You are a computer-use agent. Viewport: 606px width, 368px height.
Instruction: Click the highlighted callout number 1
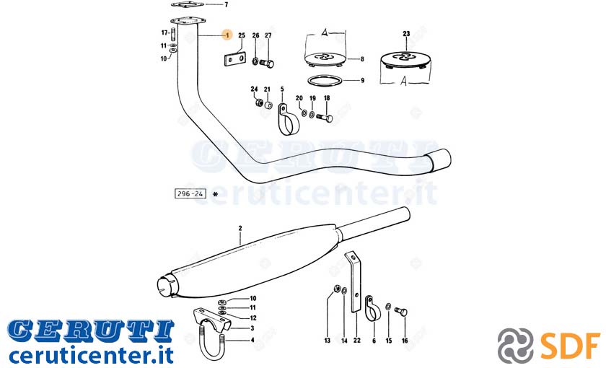pyautogui.click(x=227, y=35)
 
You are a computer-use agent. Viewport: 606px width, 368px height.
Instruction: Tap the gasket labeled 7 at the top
pyautogui.click(x=188, y=4)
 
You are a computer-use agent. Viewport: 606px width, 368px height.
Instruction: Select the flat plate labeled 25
pyautogui.click(x=235, y=58)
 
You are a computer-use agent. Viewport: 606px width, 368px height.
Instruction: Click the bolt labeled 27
pyautogui.click(x=267, y=63)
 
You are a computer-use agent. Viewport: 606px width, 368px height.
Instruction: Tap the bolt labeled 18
pyautogui.click(x=325, y=117)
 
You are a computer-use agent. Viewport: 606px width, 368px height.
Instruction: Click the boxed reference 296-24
pyautogui.click(x=190, y=193)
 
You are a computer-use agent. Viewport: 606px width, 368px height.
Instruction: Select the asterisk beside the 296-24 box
pyautogui.click(x=215, y=194)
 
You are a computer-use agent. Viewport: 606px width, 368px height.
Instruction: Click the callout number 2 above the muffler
pyautogui.click(x=240, y=229)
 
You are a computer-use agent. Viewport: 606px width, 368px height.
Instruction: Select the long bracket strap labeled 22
pyautogui.click(x=356, y=282)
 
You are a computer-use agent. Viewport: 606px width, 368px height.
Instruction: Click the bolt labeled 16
pyautogui.click(x=401, y=310)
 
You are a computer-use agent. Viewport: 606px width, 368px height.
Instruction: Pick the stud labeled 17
pyautogui.click(x=174, y=33)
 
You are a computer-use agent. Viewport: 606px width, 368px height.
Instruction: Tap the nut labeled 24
pyautogui.click(x=259, y=102)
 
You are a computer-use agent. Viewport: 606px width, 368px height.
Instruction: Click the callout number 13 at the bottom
pyautogui.click(x=328, y=341)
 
